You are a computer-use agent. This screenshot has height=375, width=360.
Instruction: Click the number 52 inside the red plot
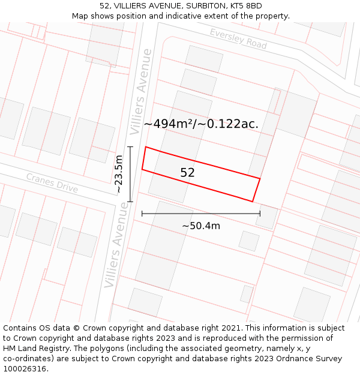(187, 173)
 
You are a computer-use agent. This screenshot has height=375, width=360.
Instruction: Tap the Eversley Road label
(238, 38)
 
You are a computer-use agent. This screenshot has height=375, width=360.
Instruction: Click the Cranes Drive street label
(52, 183)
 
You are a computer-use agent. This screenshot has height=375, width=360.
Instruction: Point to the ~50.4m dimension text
(201, 226)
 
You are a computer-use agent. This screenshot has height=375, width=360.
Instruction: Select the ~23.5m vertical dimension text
(119, 174)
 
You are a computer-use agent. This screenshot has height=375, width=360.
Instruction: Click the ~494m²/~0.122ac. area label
(201, 124)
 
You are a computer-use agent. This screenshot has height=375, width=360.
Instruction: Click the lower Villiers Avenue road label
(116, 251)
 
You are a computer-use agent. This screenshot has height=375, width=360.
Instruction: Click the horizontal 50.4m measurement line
(201, 213)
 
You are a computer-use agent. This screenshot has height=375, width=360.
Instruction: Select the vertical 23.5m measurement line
(130, 174)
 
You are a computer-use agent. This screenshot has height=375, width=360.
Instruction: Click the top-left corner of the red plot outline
(146, 147)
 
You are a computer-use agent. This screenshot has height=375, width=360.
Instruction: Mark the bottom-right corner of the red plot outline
(253, 202)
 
